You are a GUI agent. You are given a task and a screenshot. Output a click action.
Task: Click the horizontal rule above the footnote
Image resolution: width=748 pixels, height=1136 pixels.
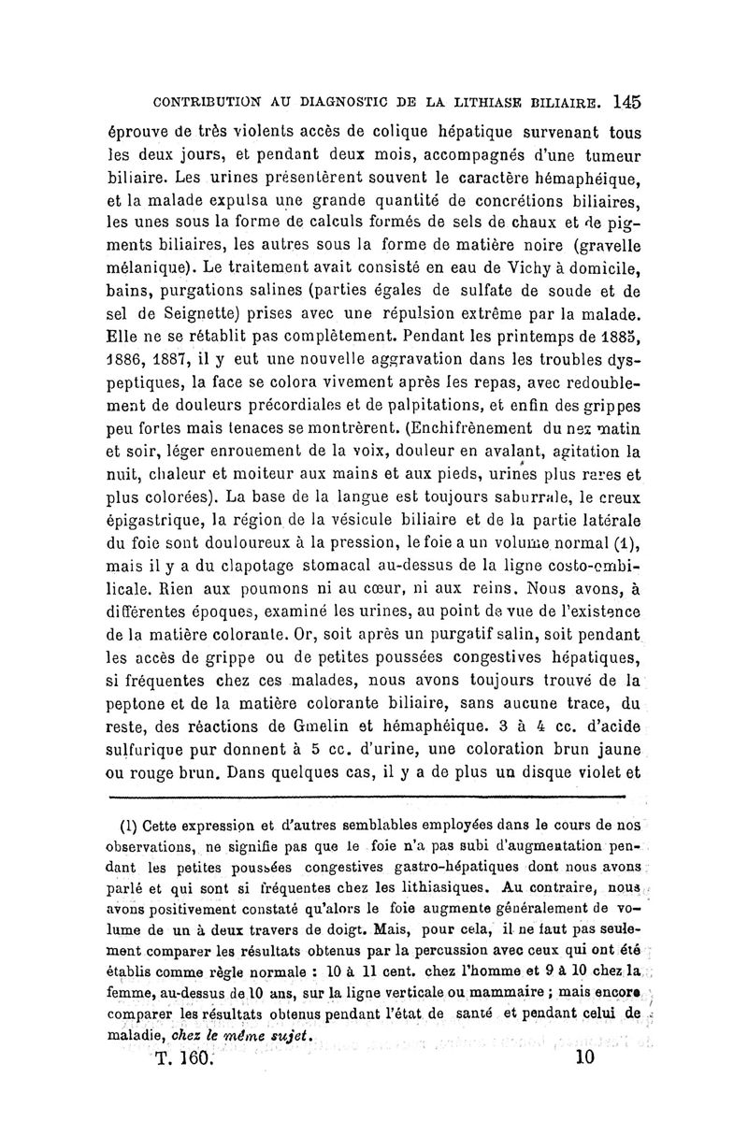[366, 797]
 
